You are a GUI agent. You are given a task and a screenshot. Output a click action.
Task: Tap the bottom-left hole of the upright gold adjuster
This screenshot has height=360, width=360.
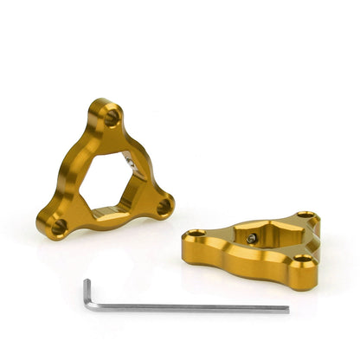(x=58, y=227)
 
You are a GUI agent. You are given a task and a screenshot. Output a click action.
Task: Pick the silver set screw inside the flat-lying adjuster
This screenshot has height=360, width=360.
(x=250, y=238)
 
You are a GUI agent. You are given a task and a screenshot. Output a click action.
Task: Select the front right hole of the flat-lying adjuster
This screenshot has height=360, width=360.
(x=300, y=259)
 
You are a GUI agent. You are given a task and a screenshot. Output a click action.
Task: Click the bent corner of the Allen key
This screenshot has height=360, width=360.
(x=87, y=282)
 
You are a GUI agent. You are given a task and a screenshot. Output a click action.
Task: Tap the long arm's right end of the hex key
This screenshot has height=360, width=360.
(x=286, y=309)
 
